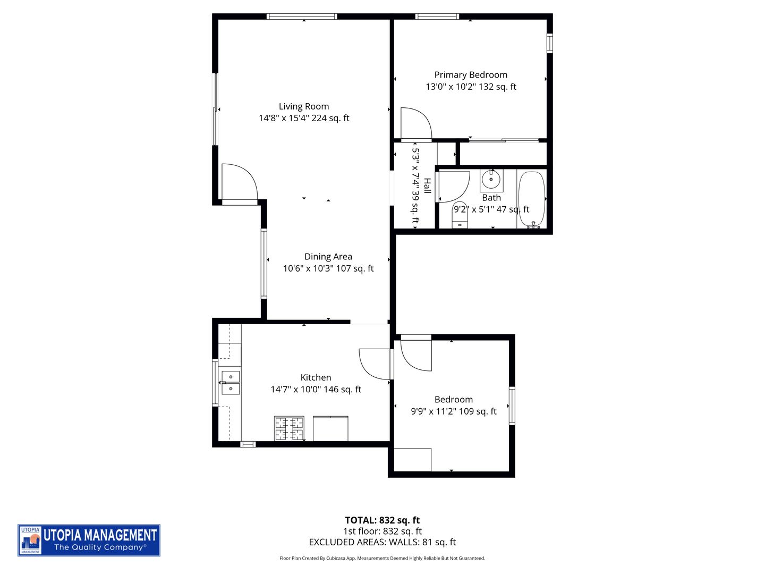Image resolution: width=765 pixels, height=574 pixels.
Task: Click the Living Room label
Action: click(304, 106)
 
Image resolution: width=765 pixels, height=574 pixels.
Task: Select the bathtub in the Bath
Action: click(531, 199)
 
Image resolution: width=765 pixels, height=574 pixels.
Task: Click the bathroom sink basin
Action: click(491, 180)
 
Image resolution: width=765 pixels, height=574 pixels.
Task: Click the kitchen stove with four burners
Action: click(290, 428)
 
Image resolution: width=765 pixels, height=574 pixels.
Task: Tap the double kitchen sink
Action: click(231, 383)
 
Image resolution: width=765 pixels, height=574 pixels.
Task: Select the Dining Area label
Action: click(328, 257)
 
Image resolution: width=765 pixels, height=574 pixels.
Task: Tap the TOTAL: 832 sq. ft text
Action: click(382, 520)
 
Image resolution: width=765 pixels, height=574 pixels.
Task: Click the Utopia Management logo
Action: click(89, 540)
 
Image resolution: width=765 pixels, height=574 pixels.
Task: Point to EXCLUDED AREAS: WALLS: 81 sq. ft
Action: click(382, 542)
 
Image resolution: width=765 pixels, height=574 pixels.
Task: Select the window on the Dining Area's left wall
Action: click(263, 263)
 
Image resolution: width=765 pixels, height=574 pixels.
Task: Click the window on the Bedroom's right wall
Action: click(512, 406)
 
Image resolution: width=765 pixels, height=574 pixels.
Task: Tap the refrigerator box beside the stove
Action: click(330, 429)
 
